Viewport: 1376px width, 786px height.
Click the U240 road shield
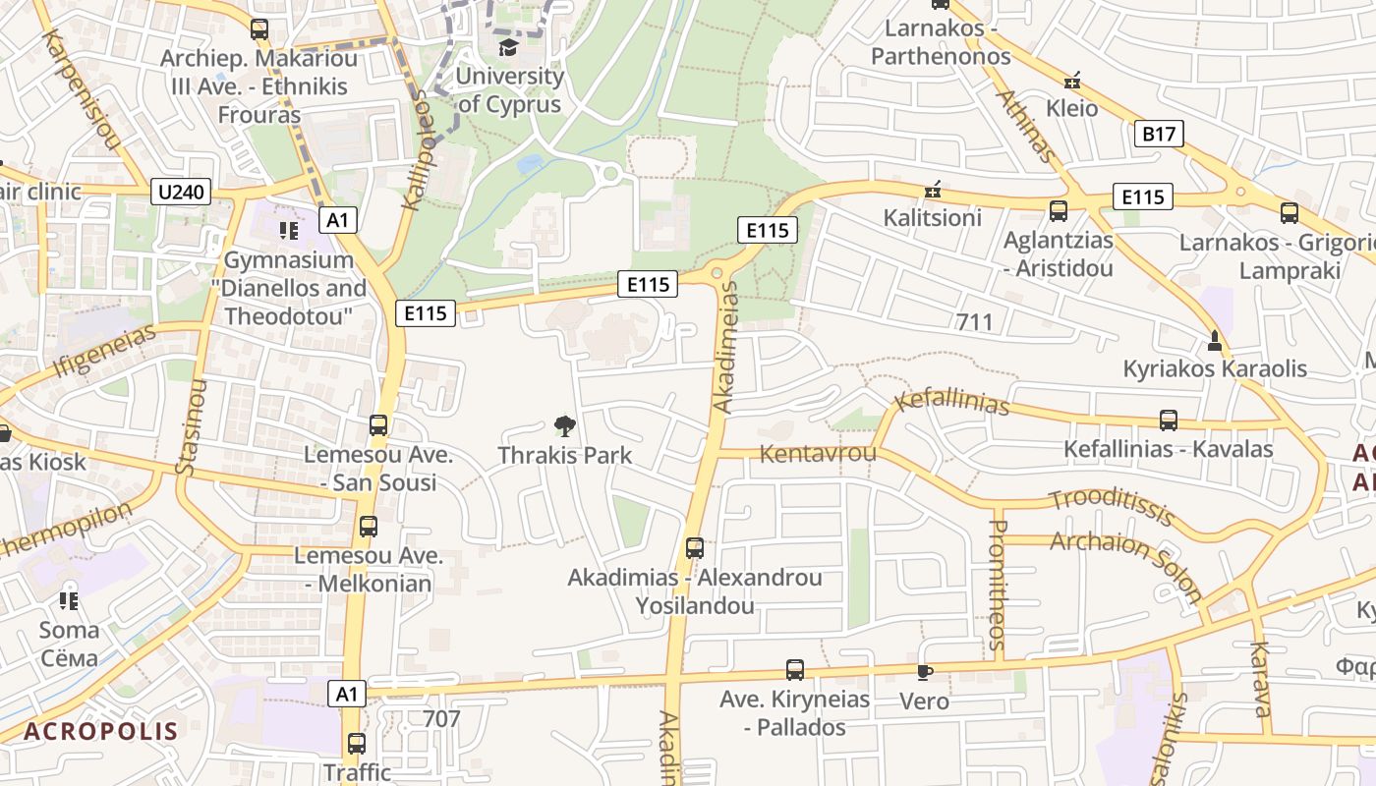pos(182,192)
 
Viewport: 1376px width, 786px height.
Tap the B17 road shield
pos(1159,134)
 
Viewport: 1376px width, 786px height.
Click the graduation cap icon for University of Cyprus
pos(508,47)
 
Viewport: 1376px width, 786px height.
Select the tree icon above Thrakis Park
pos(564,426)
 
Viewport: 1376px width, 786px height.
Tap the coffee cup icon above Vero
pos(924,673)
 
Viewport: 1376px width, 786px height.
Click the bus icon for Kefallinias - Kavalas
pos(1168,421)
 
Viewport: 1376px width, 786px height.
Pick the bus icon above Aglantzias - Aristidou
pos(1059,210)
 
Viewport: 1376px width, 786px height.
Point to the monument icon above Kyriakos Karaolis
pos(1215,341)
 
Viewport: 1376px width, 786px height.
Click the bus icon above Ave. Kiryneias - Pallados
pos(794,670)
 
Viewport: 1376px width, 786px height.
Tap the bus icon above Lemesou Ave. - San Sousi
pos(378,425)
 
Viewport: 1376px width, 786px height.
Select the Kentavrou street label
pos(818,454)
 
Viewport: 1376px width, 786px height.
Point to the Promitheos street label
pos(997,585)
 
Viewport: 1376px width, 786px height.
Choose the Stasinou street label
pos(191,426)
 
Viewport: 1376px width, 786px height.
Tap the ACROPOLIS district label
pos(101,731)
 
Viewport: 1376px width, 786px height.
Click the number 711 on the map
pos(974,321)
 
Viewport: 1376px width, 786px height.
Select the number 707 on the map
pos(441,719)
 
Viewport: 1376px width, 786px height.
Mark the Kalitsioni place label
pos(932,217)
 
